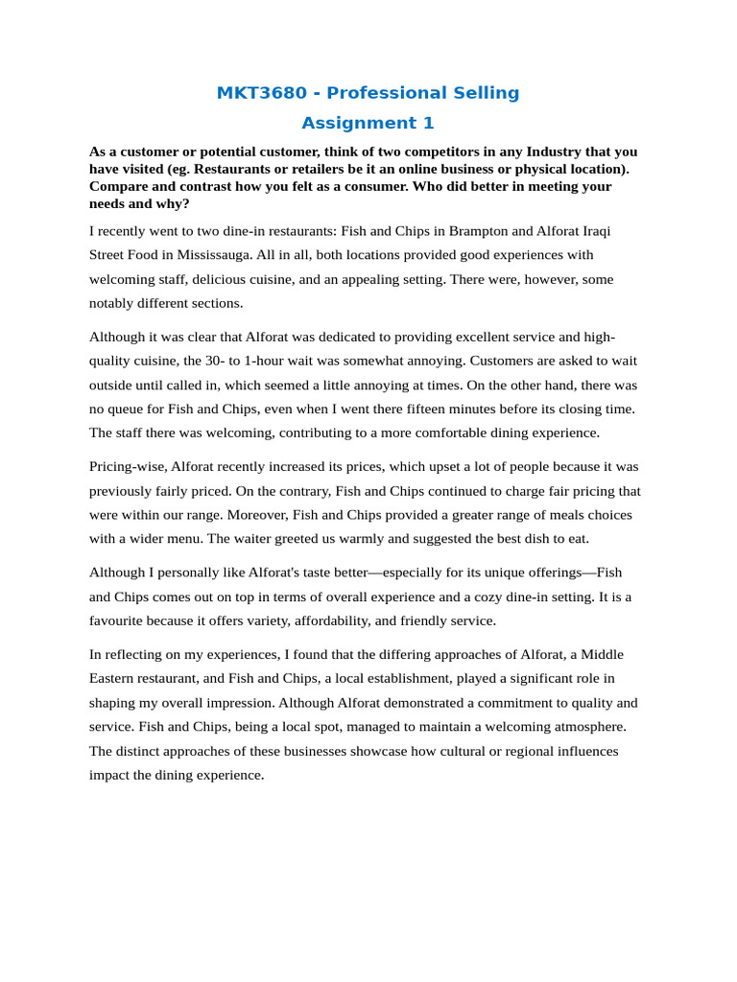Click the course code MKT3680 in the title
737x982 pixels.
pyautogui.click(x=261, y=93)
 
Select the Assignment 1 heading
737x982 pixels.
pyautogui.click(x=368, y=123)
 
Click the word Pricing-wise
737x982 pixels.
pyautogui.click(x=128, y=466)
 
